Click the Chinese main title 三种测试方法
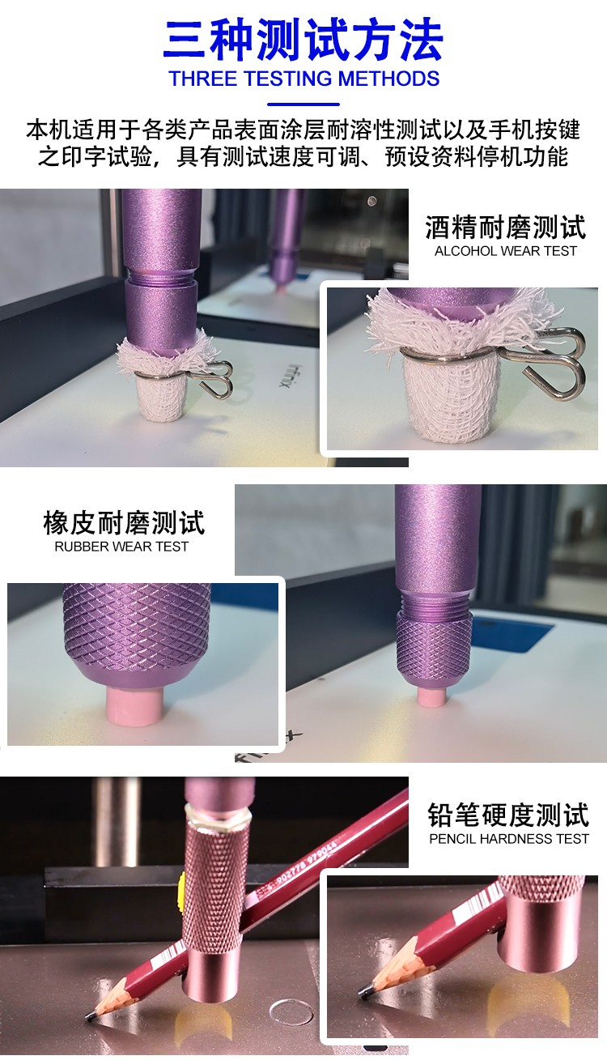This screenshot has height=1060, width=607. point(303,38)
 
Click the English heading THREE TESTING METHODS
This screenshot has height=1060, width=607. point(303,79)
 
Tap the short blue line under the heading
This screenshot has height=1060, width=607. point(303,104)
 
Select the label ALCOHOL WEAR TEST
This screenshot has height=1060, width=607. point(505,251)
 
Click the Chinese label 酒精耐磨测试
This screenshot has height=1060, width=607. point(505,227)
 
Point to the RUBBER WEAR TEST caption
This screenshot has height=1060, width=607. point(121,546)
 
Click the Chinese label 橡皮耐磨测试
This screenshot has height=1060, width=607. point(124,523)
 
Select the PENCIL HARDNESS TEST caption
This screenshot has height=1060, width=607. point(509,839)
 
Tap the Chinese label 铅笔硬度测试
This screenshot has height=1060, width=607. point(508,815)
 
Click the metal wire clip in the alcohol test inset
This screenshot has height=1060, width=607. point(554,360)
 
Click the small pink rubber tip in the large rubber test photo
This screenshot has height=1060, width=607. point(432,696)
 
